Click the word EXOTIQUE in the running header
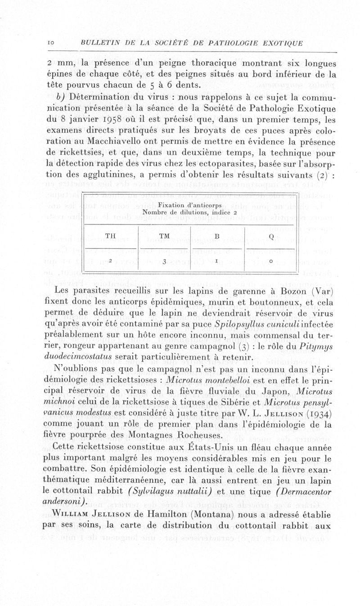click(282, 43)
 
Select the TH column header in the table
click(110, 235)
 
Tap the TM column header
click(164, 235)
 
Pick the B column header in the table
click(216, 235)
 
